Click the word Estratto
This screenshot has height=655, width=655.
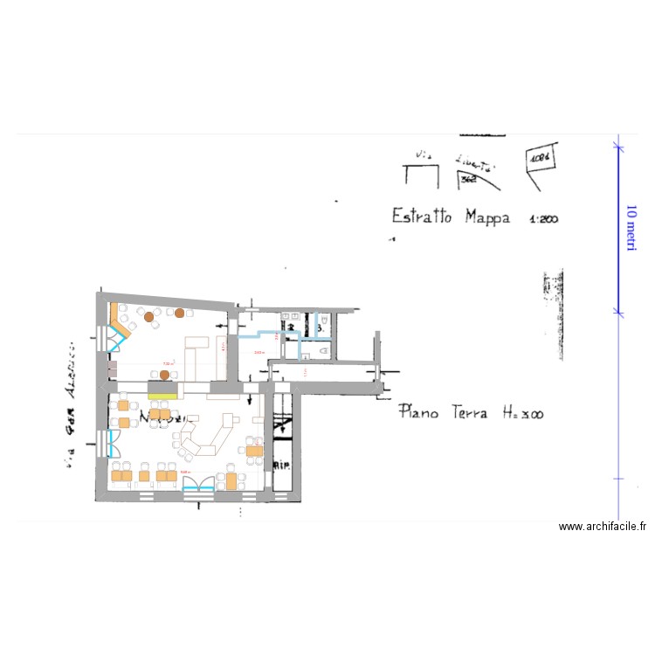(x=421, y=216)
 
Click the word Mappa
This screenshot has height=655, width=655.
(x=487, y=217)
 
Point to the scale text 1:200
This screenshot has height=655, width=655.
(x=542, y=219)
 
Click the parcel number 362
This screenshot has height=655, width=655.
(x=469, y=179)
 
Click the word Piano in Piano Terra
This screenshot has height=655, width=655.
(x=419, y=410)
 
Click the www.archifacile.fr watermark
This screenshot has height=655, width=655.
(x=603, y=527)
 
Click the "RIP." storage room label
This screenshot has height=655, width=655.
(x=281, y=465)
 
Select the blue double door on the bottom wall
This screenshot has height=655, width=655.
(x=198, y=482)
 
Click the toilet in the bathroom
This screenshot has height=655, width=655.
(x=325, y=350)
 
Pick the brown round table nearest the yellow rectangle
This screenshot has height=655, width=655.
(x=164, y=376)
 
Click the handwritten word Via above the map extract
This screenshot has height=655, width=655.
(x=424, y=155)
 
